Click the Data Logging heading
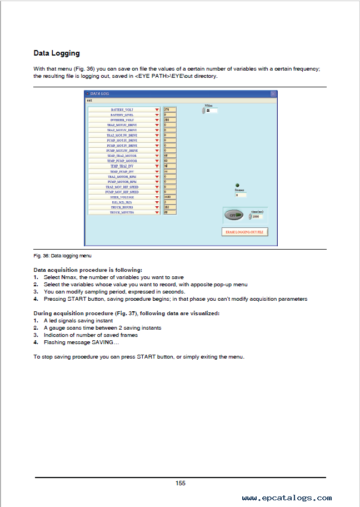[57, 53]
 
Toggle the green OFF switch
[234, 215]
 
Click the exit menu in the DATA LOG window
[89, 100]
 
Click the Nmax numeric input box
[211, 111]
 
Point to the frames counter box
[241, 195]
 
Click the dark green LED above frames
[237, 185]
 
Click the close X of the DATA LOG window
[273, 94]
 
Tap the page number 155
[181, 483]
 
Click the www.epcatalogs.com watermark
[287, 498]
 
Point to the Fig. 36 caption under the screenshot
[63, 256]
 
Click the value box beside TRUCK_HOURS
[169, 207]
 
